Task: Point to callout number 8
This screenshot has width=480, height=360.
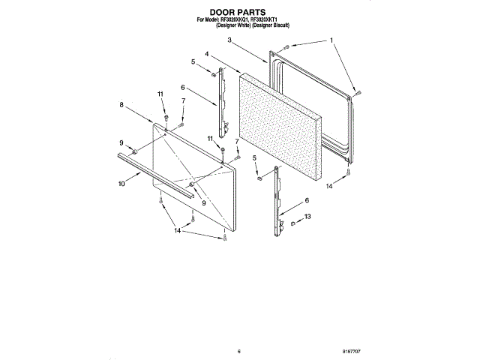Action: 121,106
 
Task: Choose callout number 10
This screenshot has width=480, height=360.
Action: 121,182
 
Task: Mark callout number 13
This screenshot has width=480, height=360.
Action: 306,217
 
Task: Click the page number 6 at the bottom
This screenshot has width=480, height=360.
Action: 238,350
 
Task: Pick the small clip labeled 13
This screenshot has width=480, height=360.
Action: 292,222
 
